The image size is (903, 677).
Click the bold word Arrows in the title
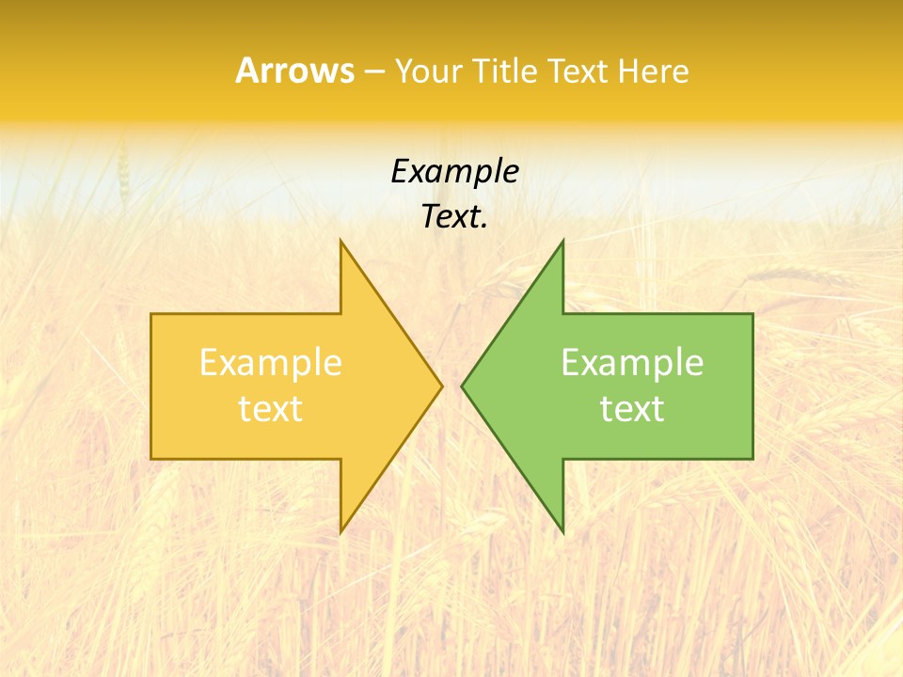click(x=294, y=71)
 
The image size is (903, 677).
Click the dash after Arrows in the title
click(x=373, y=71)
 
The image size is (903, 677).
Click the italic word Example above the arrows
click(x=454, y=171)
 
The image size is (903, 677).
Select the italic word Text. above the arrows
click(x=454, y=216)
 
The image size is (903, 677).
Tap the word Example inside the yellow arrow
click(x=271, y=362)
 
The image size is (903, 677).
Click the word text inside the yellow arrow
click(x=271, y=408)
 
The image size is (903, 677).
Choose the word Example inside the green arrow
click(x=632, y=362)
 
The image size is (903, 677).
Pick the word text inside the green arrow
click(x=632, y=408)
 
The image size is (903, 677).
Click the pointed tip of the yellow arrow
click(x=442, y=386)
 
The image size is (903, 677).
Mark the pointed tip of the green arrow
click(x=462, y=386)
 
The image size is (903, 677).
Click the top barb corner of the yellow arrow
click(x=341, y=241)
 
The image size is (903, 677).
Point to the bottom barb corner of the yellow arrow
click(x=341, y=532)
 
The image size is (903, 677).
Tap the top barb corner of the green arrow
click(x=562, y=241)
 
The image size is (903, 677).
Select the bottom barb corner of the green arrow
click(x=562, y=532)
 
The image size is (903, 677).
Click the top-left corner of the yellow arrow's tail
click(x=151, y=314)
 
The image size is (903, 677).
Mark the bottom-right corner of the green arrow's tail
click(x=752, y=459)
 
